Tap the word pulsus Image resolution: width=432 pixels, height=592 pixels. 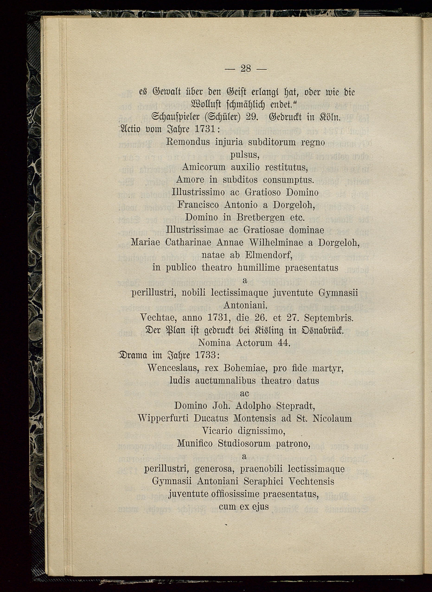click(244, 156)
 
